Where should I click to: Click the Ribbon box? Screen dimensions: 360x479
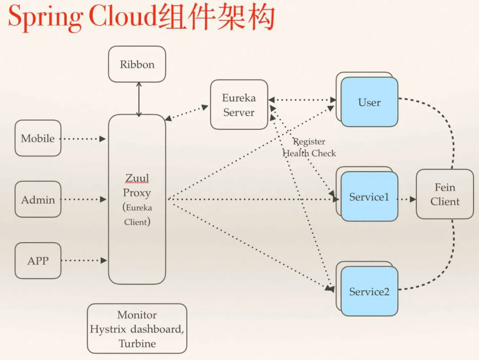tap(137, 65)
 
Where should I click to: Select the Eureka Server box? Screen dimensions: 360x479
tap(239, 105)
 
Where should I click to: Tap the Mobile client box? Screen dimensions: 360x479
tap(38, 138)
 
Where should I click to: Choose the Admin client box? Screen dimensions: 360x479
tap(38, 200)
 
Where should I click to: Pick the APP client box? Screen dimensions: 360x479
tap(38, 261)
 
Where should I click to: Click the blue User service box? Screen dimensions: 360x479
tap(369, 102)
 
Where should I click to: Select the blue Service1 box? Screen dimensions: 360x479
tap(369, 197)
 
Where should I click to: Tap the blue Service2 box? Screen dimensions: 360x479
tap(369, 291)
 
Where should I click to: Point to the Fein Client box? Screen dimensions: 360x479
tap(444, 194)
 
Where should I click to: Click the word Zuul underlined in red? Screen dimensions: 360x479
tap(137, 178)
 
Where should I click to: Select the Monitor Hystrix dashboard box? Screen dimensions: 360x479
tap(137, 329)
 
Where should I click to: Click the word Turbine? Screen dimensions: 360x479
tap(137, 344)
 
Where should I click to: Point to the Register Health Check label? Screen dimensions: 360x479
tap(310, 148)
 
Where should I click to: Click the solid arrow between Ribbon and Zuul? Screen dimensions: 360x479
tap(139, 99)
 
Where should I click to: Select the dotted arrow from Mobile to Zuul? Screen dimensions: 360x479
tap(83, 139)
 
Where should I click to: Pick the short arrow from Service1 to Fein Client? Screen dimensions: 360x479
tap(406, 200)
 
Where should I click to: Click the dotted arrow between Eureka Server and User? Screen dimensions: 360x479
tap(302, 100)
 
